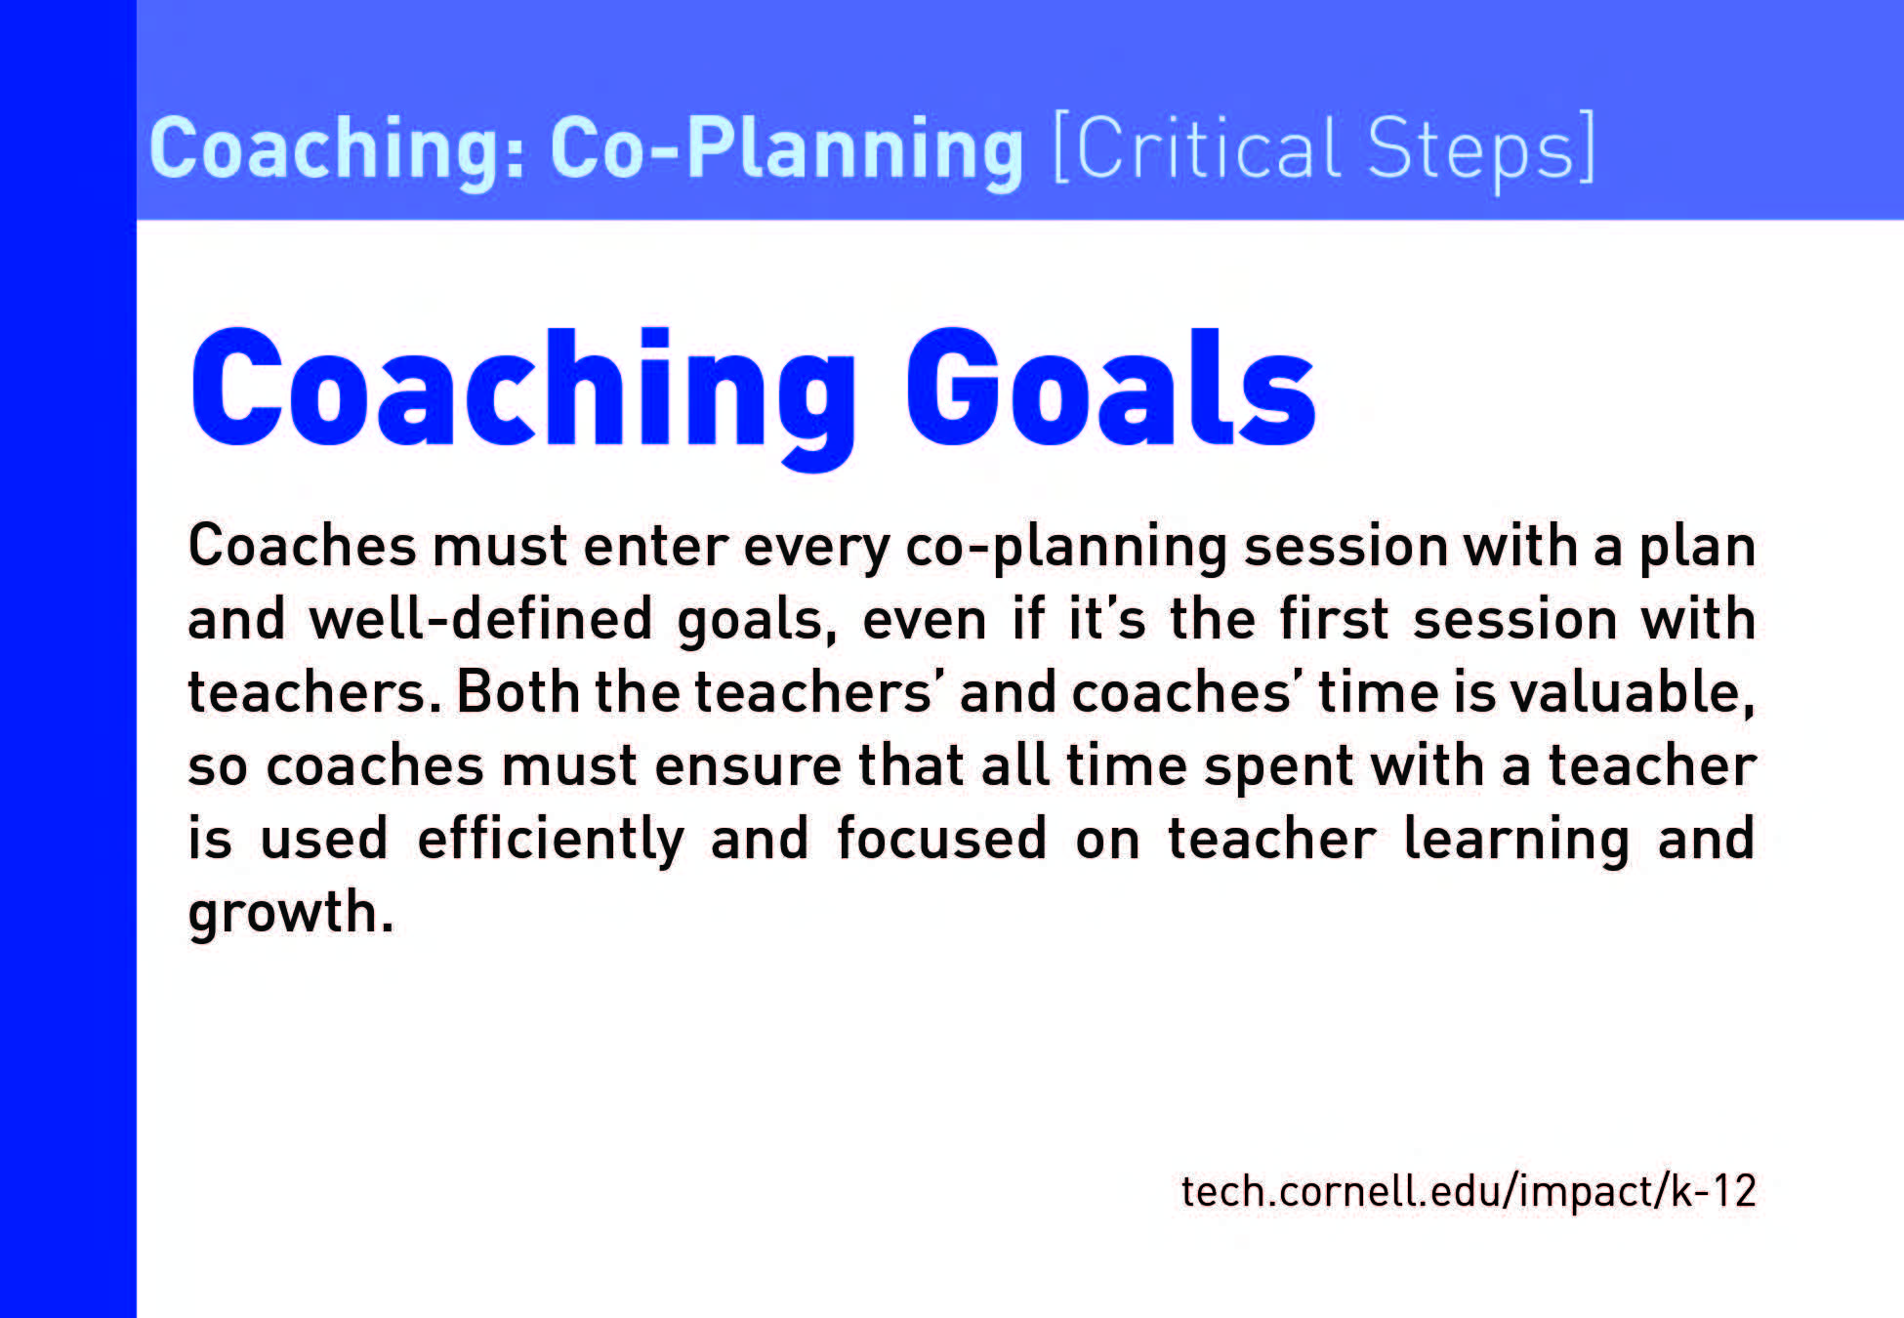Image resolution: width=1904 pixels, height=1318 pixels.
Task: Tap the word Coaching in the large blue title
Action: coord(523,397)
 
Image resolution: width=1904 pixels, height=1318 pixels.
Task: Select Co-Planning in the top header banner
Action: coord(787,148)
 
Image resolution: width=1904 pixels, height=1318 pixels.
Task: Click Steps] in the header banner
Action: coord(1481,149)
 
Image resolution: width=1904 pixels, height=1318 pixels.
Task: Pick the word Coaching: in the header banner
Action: coord(338,148)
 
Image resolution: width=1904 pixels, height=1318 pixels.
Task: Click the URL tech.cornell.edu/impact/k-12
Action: coord(1469,1192)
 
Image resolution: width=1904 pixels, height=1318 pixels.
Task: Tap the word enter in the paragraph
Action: coord(656,546)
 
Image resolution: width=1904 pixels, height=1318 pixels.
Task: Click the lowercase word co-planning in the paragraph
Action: coord(1066,548)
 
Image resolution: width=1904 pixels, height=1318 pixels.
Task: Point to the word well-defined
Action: coord(480,619)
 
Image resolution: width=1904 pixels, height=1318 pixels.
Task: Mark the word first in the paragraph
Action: coord(1334,619)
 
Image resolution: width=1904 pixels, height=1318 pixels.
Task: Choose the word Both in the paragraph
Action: coord(518,692)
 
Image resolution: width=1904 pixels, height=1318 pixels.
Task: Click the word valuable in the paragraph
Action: coord(1633,694)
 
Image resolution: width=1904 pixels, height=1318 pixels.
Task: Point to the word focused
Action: coord(941,839)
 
